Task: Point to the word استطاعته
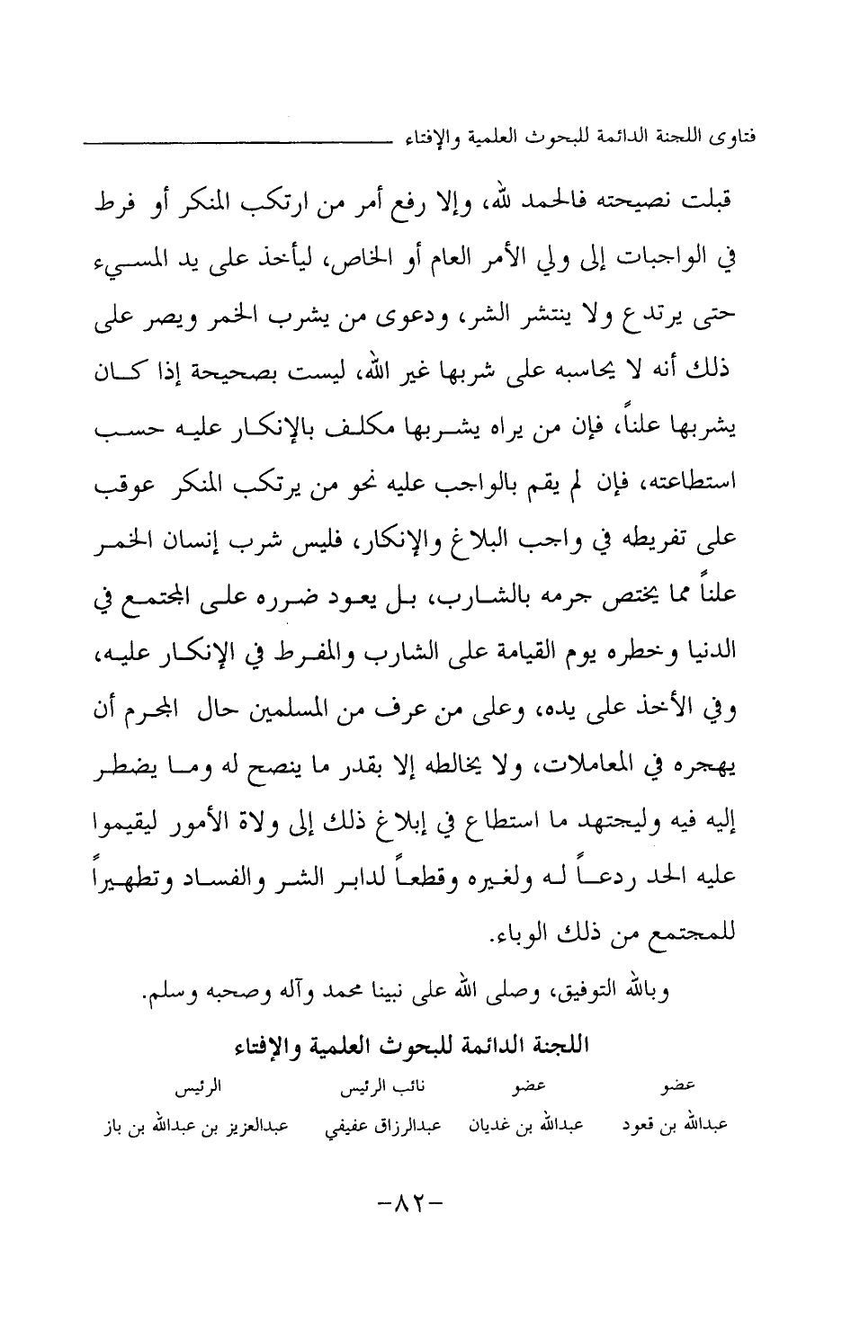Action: [x=697, y=487]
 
